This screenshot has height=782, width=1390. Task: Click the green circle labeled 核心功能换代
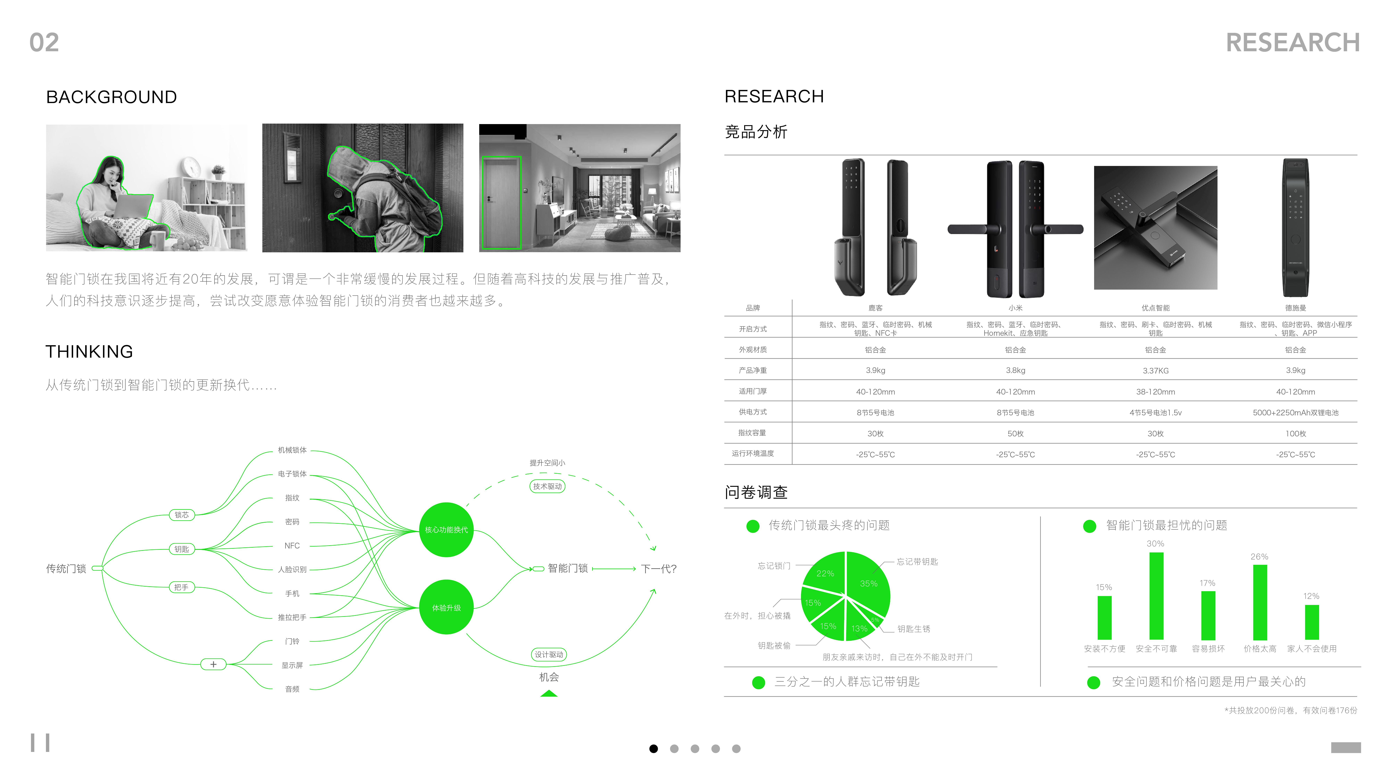[x=446, y=530]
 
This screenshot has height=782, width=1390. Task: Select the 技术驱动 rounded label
[x=547, y=486]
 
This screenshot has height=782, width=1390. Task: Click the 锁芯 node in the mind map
[x=182, y=515]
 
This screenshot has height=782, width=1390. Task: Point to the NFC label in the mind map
[x=292, y=546]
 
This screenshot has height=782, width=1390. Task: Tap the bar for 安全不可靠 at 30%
[x=1156, y=596]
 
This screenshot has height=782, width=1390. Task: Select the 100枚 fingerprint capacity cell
[x=1295, y=433]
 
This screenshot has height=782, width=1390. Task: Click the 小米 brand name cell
[x=1015, y=308]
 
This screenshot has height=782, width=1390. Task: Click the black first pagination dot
[x=653, y=748]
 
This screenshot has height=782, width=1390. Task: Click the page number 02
[x=44, y=43]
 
